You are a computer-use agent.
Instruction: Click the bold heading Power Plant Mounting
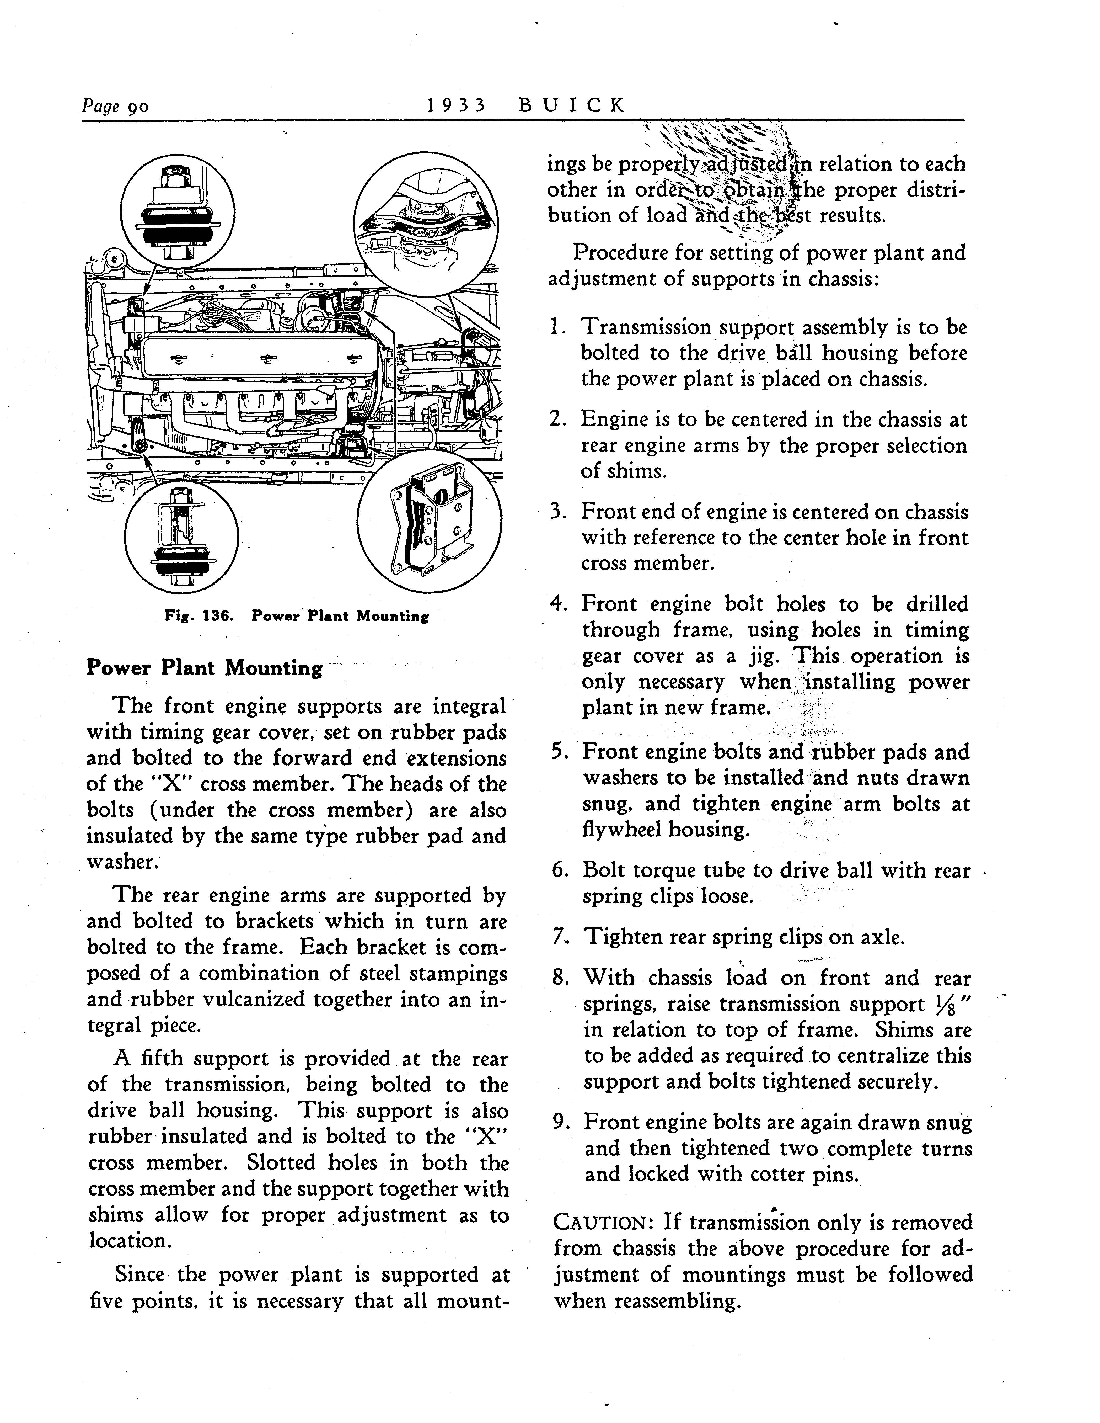point(205,668)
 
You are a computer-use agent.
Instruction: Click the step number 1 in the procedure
point(555,327)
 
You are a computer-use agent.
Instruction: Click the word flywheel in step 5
point(625,830)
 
